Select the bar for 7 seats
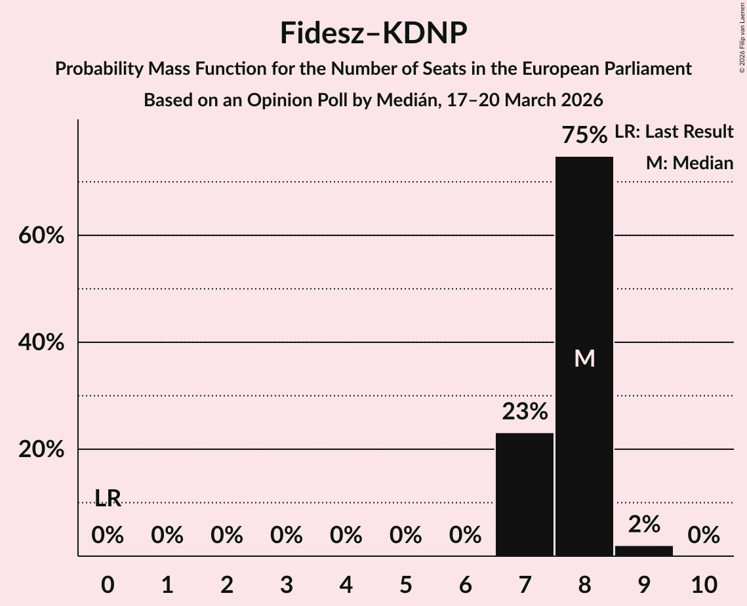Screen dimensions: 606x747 click(x=524, y=495)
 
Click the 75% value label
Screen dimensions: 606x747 click(x=584, y=136)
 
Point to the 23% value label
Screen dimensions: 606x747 click(x=525, y=413)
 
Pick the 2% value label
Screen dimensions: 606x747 click(x=644, y=524)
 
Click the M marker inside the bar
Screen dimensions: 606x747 click(x=584, y=358)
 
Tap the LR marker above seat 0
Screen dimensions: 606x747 click(x=108, y=498)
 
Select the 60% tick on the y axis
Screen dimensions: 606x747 click(x=41, y=235)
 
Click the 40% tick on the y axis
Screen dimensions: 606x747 click(x=41, y=342)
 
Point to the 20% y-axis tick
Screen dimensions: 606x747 click(x=41, y=450)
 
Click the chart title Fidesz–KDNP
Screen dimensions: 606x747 click(x=373, y=33)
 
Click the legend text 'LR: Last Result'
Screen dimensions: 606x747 click(x=674, y=132)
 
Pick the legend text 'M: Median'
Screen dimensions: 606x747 click(x=689, y=163)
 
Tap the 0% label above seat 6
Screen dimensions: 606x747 click(x=465, y=536)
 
